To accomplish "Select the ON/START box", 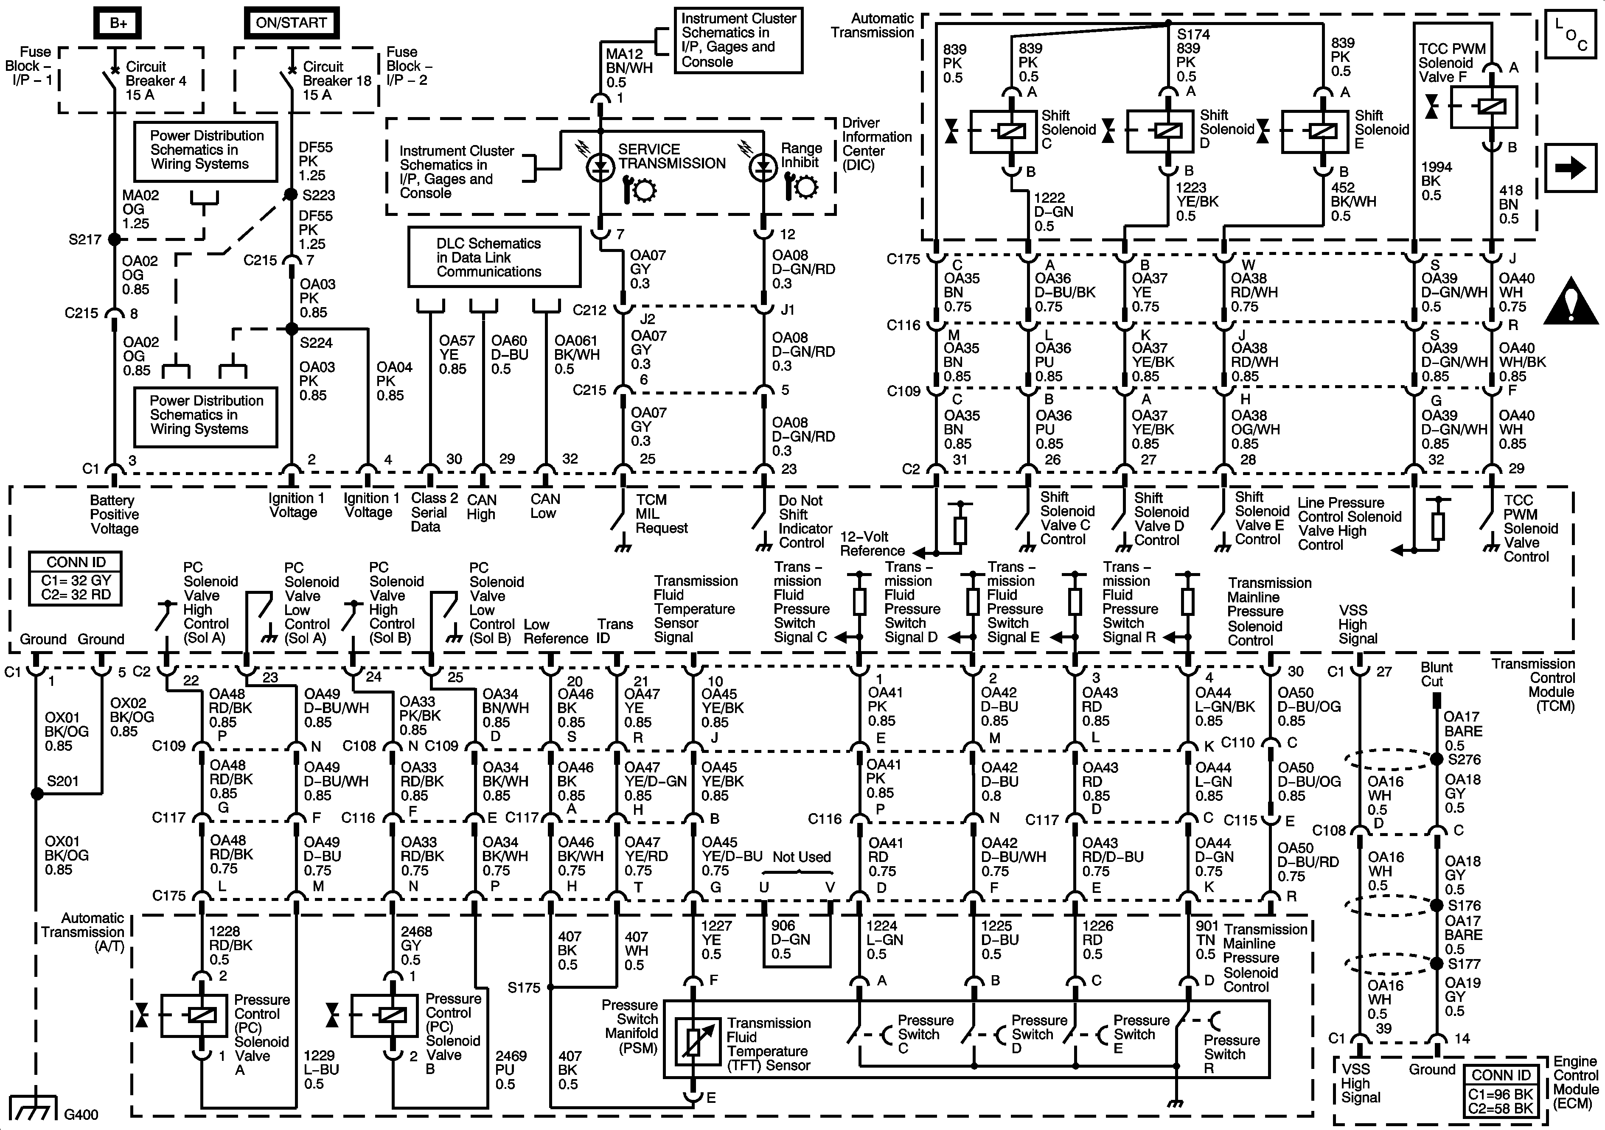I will point(291,23).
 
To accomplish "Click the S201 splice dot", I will point(36,794).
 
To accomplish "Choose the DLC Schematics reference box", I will point(494,257).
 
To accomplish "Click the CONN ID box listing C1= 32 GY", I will point(76,579).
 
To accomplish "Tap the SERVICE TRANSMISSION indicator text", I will point(671,157).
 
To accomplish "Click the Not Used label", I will point(801,857).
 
